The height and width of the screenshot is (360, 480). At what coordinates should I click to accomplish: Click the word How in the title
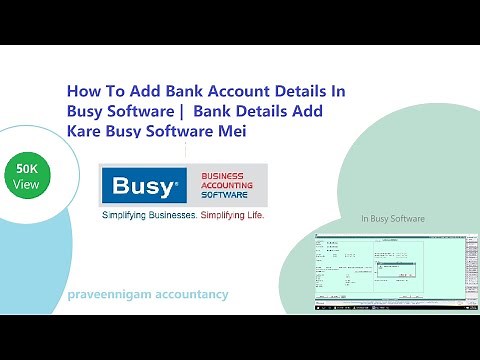83,90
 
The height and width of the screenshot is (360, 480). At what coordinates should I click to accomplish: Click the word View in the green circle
28,186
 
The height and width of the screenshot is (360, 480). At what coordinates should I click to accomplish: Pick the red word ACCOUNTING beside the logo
227,185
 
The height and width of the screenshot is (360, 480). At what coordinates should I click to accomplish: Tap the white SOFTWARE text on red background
226,196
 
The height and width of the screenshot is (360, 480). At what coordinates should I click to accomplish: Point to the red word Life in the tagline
255,215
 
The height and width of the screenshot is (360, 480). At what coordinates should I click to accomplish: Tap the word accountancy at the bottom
191,294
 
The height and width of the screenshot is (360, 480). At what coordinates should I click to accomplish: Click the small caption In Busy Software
393,219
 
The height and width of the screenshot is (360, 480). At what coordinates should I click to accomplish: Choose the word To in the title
108,90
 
